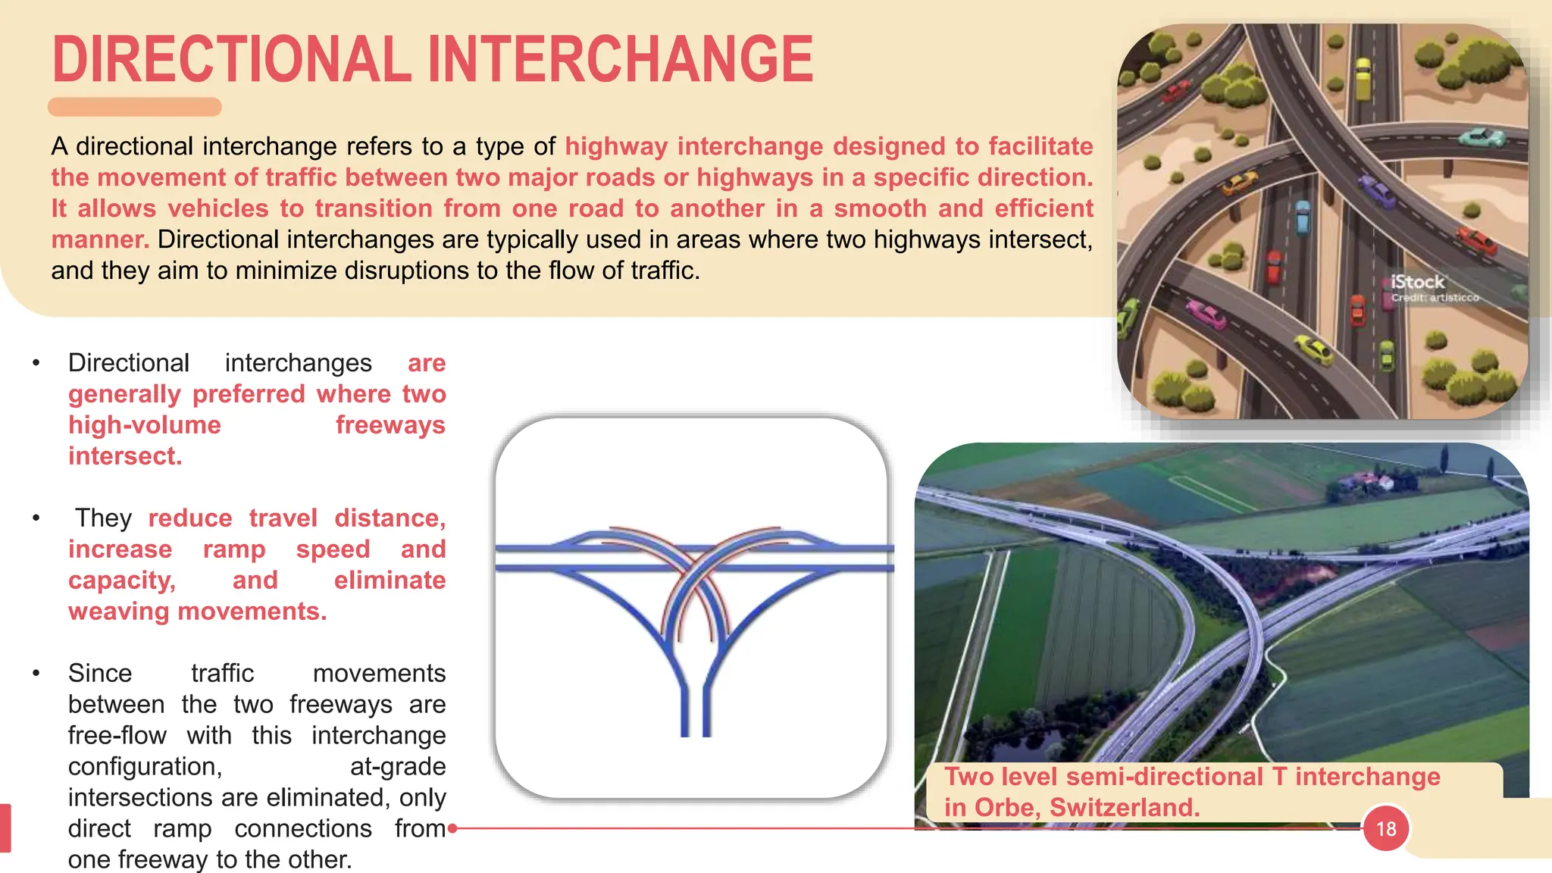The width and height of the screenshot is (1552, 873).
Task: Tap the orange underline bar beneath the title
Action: coord(135,107)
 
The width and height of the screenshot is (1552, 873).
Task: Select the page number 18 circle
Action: coord(1385,828)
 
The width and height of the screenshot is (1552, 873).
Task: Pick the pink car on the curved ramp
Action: coord(1205,314)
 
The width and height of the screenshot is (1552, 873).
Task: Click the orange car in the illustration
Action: coord(1238,183)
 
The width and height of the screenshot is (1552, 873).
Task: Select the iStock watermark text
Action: coord(1417,282)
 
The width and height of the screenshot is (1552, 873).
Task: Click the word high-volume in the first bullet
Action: coord(145,425)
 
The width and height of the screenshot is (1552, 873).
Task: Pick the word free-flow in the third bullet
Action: coord(117,735)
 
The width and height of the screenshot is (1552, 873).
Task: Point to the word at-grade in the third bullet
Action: coord(397,766)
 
